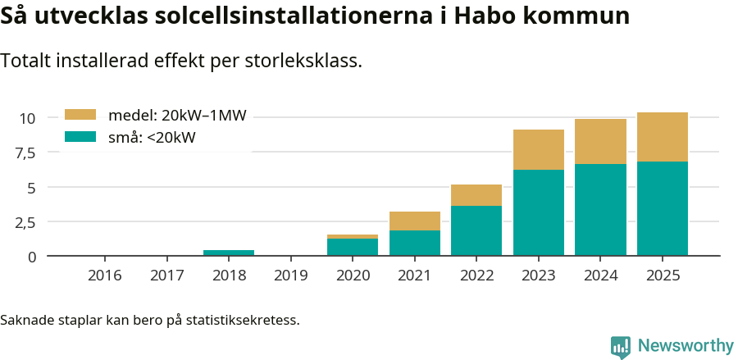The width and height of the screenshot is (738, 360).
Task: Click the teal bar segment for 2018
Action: tap(229, 253)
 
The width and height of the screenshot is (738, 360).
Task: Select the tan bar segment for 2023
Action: tap(539, 149)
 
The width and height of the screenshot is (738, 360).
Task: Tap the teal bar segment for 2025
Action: tap(663, 208)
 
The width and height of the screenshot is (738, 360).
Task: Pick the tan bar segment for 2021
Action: tap(415, 221)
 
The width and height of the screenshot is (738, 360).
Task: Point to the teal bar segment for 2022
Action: tap(476, 230)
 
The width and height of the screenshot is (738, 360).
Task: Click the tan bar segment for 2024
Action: tap(600, 141)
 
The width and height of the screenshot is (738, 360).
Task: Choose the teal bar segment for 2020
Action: tap(353, 247)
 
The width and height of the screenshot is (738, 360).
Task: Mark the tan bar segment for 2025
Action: tap(663, 137)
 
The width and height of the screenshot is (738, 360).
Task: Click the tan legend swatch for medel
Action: tap(80, 115)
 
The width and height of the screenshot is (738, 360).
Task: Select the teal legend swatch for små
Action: tap(80, 137)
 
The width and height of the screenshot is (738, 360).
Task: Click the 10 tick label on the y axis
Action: tap(28, 118)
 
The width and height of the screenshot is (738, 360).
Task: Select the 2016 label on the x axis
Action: tap(104, 276)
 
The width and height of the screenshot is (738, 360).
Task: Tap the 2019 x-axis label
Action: tap(290, 276)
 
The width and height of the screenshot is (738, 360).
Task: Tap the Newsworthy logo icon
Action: tap(621, 346)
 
